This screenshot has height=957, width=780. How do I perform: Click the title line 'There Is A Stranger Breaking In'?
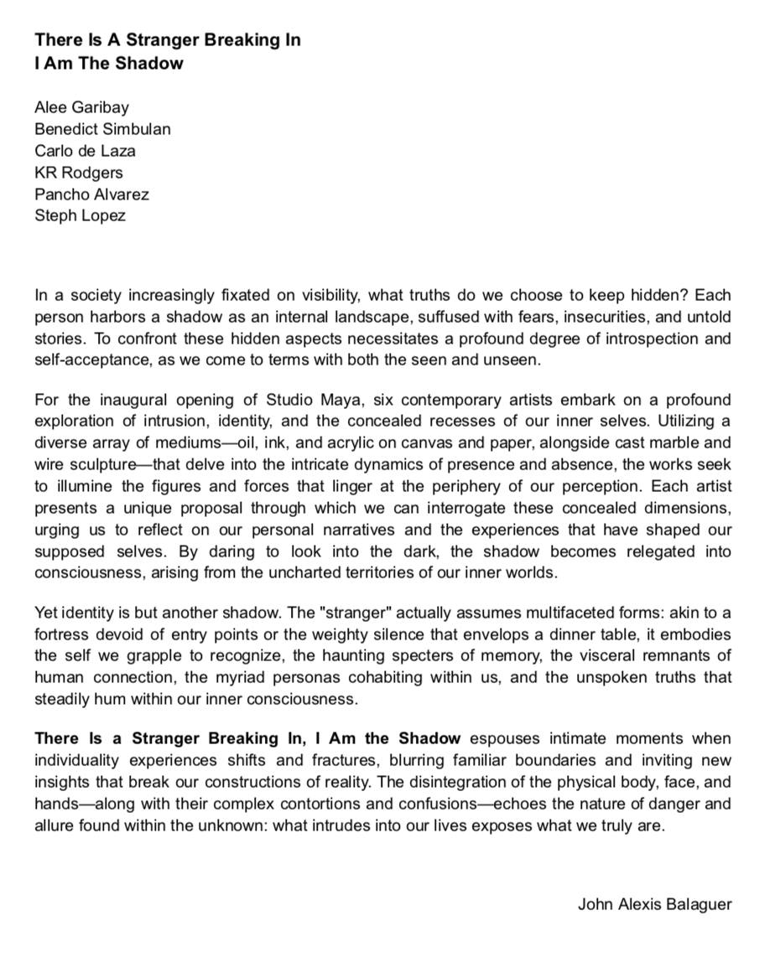tap(168, 40)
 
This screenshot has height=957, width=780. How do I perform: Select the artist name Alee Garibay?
tap(81, 107)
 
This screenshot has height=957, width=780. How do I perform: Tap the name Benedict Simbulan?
tap(102, 129)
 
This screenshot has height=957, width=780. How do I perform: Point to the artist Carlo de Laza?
tap(85, 151)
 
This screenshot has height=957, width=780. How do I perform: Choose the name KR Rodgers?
tap(79, 173)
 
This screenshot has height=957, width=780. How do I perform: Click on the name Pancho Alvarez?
tap(92, 194)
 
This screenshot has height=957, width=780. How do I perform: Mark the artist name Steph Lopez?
tap(80, 216)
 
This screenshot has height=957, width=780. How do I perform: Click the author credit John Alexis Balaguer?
tap(654, 904)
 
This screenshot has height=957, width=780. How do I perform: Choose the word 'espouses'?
tap(501, 738)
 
